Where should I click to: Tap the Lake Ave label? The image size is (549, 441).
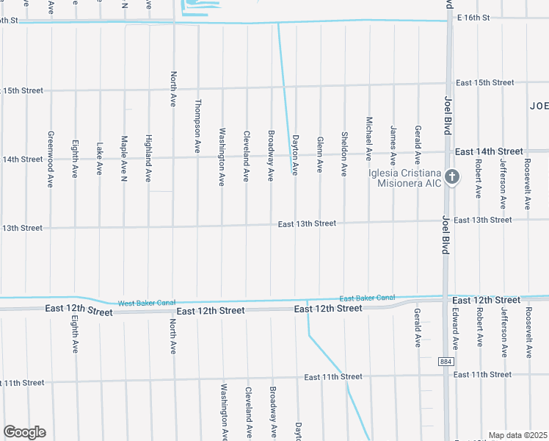tap(100, 158)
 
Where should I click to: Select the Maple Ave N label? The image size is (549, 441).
tap(124, 159)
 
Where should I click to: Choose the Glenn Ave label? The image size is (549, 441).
tap(319, 154)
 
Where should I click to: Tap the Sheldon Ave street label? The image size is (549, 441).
tap(344, 153)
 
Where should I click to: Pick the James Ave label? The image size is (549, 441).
tap(393, 146)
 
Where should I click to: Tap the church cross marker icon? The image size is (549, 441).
tap(452, 177)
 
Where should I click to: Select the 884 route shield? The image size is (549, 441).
tap(446, 362)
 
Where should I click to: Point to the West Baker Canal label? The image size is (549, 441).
tap(147, 303)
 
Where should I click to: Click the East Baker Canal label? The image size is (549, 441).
tap(367, 298)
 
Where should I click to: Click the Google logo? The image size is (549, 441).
tap(24, 432)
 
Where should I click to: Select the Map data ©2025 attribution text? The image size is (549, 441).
tap(517, 435)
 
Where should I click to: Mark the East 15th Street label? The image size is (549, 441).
tap(484, 82)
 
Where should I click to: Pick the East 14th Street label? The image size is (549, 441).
tap(489, 151)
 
